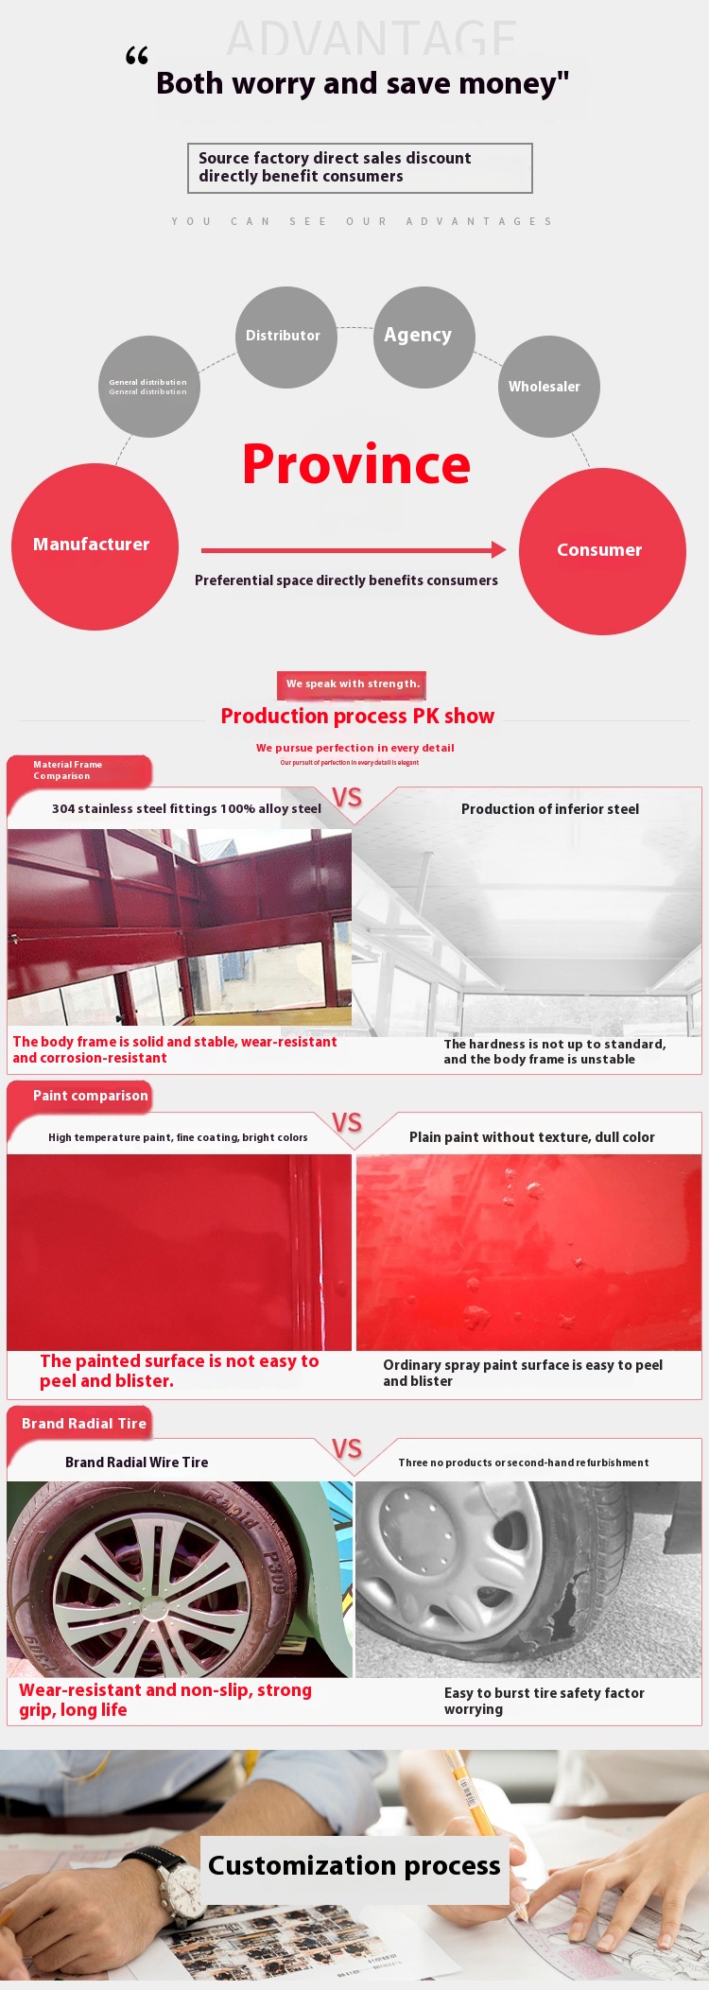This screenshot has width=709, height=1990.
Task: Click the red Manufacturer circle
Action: click(x=95, y=546)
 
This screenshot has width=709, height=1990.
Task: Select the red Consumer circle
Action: click(x=602, y=551)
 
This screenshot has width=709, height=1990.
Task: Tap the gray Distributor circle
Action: click(x=285, y=337)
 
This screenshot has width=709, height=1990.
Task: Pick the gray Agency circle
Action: click(x=424, y=337)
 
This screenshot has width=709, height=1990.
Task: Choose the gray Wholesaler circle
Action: click(x=548, y=387)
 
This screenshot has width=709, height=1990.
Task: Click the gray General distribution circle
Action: click(x=149, y=387)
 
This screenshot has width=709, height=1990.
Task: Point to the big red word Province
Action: click(x=356, y=464)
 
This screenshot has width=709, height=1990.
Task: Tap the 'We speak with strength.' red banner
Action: click(x=352, y=684)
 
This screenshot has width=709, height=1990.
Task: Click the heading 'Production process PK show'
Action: click(x=357, y=716)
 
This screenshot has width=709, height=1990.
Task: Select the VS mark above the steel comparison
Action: click(x=347, y=797)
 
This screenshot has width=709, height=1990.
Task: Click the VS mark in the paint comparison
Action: click(x=347, y=1122)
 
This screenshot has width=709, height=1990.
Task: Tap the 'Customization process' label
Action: click(x=354, y=1865)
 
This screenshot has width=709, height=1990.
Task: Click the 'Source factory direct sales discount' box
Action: click(x=360, y=167)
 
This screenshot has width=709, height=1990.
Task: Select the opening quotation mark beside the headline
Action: click(x=137, y=57)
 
